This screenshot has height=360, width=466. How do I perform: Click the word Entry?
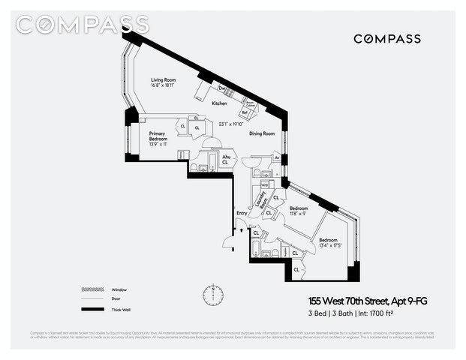[x=242, y=213]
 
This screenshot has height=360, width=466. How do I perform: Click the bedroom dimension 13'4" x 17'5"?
[x=329, y=245]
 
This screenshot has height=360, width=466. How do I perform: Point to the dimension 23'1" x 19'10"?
[x=232, y=124]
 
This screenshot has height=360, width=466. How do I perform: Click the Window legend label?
[x=119, y=289]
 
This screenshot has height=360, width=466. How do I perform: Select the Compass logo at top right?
[x=386, y=39]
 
